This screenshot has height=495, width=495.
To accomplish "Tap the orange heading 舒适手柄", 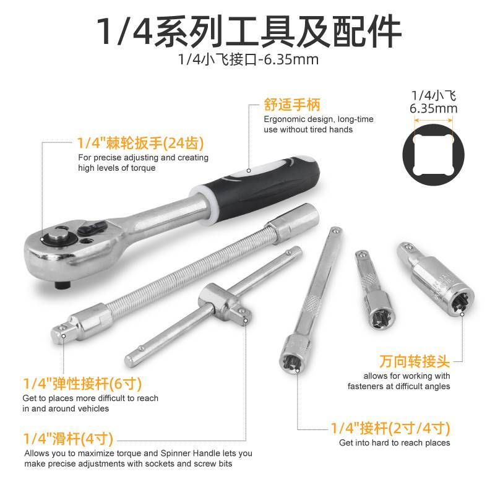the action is click(292, 105).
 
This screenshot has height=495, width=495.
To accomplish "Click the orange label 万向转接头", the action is click(414, 361).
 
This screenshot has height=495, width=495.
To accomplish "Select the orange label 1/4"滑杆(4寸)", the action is click(68, 439).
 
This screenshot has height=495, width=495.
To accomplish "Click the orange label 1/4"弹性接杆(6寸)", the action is click(82, 384).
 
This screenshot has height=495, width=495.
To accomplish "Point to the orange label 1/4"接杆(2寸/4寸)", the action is click(390, 428).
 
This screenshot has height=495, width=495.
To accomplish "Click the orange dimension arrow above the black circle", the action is click(433, 120).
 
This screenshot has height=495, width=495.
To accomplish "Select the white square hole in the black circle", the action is click(433, 155).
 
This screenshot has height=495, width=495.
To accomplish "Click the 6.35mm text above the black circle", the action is click(434, 109).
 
